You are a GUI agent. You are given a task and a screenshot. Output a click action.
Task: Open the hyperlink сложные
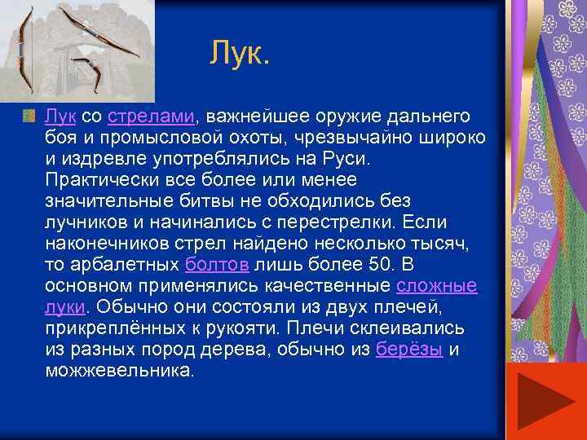pyautogui.click(x=437, y=287)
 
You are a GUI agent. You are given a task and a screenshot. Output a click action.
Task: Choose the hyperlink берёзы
pyautogui.click(x=410, y=350)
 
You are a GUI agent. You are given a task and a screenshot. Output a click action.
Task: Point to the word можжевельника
pyautogui.click(x=120, y=372)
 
